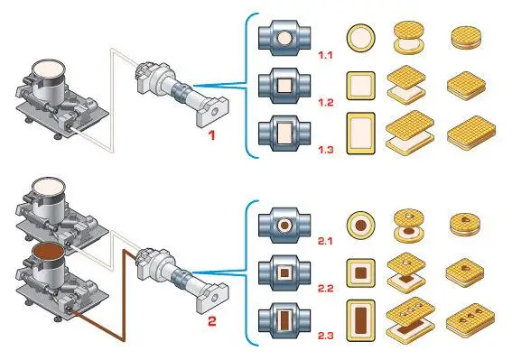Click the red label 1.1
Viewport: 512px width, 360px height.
[x=326, y=56]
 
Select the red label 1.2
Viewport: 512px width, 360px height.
[x=326, y=102]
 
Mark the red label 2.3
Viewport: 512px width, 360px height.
[x=326, y=336]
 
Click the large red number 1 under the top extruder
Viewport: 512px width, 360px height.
[x=212, y=136]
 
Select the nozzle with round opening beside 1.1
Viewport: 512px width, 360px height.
[x=284, y=39]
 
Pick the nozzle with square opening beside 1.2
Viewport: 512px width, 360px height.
[x=284, y=85]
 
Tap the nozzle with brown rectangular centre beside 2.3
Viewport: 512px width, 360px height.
[x=284, y=319]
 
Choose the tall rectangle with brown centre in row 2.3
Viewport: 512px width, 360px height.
[x=360, y=318]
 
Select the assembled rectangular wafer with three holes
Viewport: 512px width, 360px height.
[x=466, y=318]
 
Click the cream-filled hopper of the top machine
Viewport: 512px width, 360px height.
[x=45, y=72]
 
